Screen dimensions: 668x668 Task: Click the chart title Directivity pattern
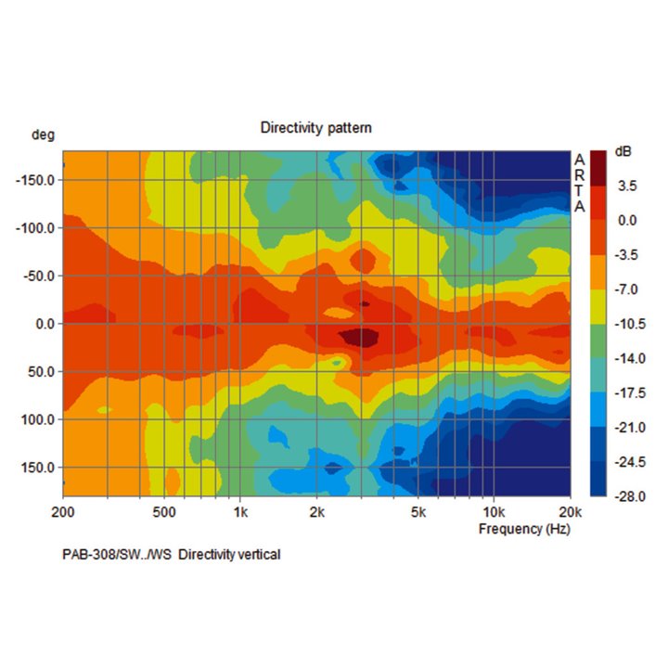(315, 127)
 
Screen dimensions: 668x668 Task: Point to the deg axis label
(43, 135)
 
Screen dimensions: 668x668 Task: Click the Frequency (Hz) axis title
(524, 529)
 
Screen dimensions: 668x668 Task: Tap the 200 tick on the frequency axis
(64, 512)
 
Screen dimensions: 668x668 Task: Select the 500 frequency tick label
(164, 512)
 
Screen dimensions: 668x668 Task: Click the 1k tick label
(240, 512)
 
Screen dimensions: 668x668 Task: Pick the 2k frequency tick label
(316, 512)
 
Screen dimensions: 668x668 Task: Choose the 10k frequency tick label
(494, 512)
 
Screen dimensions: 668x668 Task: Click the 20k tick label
(569, 512)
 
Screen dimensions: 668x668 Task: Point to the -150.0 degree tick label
(37, 180)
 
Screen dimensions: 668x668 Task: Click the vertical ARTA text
(580, 183)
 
